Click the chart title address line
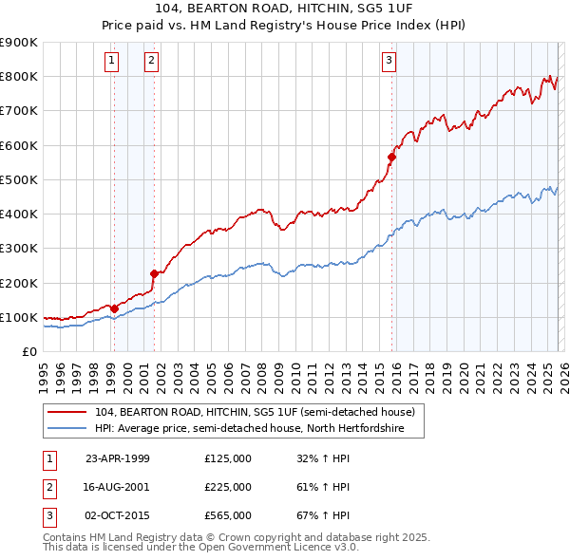coord(286,9)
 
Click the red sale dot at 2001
coord(154,273)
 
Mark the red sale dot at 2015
coord(391,158)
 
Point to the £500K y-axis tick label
coord(18,179)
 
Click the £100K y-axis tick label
coord(18,317)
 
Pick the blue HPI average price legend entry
coord(249,429)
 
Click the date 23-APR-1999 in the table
coord(118,457)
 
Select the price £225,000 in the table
coord(228,487)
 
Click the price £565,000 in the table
coord(228,516)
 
